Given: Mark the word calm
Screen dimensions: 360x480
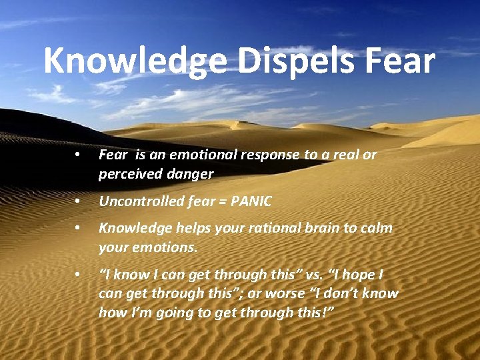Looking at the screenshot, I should [x=377, y=228].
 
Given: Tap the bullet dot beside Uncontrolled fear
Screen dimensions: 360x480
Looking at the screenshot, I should [x=78, y=201].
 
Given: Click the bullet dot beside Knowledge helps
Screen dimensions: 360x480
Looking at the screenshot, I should [x=78, y=228].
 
